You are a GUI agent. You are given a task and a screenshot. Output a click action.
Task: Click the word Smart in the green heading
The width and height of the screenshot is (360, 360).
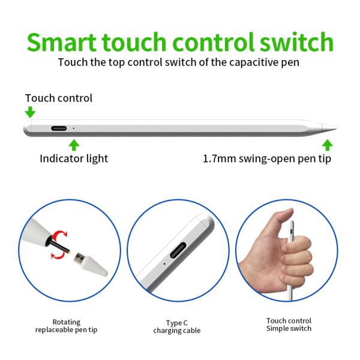(x=61, y=42)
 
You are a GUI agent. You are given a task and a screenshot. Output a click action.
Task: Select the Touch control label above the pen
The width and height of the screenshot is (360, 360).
(x=59, y=98)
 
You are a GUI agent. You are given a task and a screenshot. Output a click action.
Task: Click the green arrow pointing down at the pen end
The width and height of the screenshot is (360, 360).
(x=30, y=112)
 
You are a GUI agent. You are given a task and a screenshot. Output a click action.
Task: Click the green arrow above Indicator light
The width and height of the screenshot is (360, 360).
(x=74, y=145)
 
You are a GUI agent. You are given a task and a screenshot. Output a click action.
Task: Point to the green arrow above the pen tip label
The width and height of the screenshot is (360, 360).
(x=327, y=145)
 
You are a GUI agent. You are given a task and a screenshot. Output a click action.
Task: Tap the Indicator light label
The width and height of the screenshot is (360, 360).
(x=74, y=158)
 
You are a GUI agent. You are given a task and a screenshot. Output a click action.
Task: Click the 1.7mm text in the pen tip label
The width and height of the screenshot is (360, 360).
(x=220, y=158)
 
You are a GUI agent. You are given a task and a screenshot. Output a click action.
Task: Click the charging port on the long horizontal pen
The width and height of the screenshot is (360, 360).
(x=59, y=128)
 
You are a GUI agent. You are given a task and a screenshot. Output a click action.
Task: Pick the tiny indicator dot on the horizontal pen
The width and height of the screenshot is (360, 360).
(x=73, y=128)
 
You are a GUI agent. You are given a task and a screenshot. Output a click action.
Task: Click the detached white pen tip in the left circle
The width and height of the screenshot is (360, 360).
(x=91, y=264)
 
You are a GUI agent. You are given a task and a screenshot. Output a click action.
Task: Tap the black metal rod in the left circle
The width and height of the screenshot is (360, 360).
(x=59, y=247)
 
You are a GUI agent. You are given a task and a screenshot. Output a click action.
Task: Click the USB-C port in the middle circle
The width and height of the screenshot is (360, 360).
(x=178, y=250)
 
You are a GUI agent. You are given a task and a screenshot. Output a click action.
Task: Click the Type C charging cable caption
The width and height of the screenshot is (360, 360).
(x=177, y=327)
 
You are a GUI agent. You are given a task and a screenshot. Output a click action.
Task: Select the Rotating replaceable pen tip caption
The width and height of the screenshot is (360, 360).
(x=66, y=326)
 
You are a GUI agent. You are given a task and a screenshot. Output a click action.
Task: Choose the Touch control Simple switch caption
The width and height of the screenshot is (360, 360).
(x=289, y=325)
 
